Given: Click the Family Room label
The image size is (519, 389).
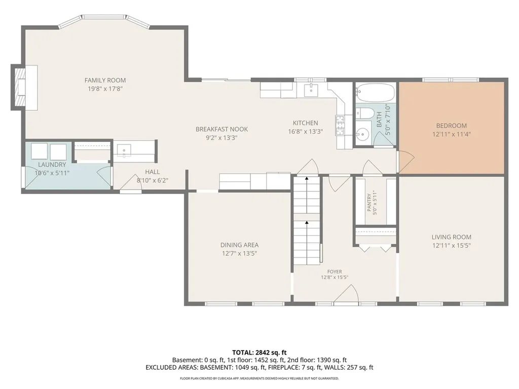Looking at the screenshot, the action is coord(105,80).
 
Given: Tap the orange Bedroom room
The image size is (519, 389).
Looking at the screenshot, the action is coord(452,128).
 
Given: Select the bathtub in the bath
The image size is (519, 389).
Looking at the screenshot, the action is coord(376,92).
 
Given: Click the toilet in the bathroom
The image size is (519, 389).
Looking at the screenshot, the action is coord(362,113).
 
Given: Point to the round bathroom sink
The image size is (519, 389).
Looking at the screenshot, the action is coord(363,134).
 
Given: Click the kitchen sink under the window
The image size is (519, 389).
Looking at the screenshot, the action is coord(311,89).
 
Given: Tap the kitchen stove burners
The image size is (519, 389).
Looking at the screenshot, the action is coord(340,126).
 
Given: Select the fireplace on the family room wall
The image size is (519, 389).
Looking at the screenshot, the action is coord(24,88).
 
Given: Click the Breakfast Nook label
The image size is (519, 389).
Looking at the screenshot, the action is coord(222,129).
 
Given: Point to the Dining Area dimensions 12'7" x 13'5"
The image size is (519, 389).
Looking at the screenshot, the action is coord(240,254).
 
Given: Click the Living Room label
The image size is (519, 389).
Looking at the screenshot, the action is coord(452,237).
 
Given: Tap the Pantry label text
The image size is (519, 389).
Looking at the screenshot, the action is coord(369,203).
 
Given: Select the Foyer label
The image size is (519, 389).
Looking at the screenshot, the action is coord(335,271).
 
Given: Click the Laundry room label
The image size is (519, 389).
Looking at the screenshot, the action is coord(52,165).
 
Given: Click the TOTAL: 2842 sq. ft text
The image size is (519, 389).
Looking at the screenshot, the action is coord(259,353).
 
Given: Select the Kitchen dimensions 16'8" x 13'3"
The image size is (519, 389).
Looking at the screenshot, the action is coord(306,131).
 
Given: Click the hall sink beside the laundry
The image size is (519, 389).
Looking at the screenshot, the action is coord(124,150).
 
